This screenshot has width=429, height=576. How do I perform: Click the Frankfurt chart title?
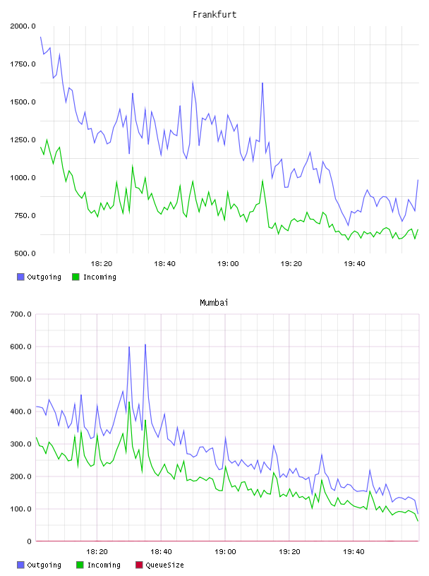pyautogui.click(x=214, y=15)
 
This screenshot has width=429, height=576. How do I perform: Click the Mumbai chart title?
pyautogui.click(x=214, y=303)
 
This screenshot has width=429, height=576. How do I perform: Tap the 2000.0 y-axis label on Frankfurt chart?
pyautogui.click(x=23, y=26)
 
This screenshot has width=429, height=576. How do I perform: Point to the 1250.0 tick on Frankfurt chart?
pyautogui.click(x=23, y=140)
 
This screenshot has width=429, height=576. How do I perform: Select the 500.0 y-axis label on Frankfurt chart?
pyautogui.click(x=25, y=253)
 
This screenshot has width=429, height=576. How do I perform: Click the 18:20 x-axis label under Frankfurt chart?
pyautogui.click(x=102, y=264)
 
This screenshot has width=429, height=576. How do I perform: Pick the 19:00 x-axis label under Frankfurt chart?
pyautogui.click(x=228, y=264)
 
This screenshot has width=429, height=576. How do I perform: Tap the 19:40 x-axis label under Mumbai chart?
pyautogui.click(x=354, y=552)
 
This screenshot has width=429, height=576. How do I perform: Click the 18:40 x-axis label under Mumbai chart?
pyautogui.click(x=161, y=552)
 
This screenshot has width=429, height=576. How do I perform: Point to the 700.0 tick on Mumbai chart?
pyautogui.click(x=21, y=314)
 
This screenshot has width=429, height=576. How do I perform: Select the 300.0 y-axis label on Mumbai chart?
pyautogui.click(x=21, y=444)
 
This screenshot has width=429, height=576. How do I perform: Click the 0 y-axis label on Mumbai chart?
pyautogui.click(x=30, y=541)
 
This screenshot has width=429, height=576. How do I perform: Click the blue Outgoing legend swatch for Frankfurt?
pyautogui.click(x=20, y=277)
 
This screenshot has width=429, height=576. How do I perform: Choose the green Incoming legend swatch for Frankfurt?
pyautogui.click(x=75, y=277)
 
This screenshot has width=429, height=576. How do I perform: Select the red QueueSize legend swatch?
pyautogui.click(x=139, y=565)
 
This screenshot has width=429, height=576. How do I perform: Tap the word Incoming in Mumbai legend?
pyautogui.click(x=104, y=565)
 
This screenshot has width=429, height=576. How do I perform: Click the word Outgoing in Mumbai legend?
pyautogui.click(x=44, y=565)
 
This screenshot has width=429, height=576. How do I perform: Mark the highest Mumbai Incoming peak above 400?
pyautogui.click(x=129, y=402)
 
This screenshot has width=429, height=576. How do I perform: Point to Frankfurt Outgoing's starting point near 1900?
pyautogui.click(x=40, y=37)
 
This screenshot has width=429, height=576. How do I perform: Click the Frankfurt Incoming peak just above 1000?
pyautogui.click(x=132, y=166)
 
